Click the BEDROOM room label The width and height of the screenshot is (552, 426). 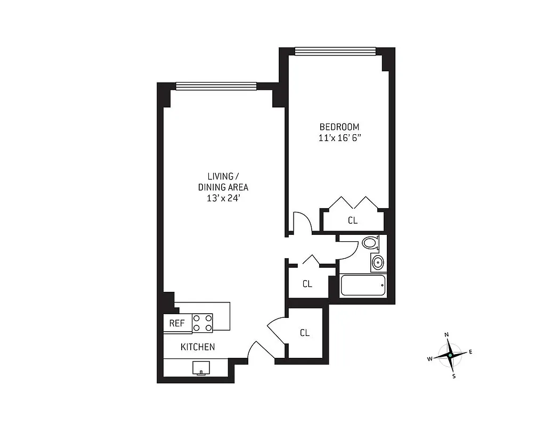pos(339,127)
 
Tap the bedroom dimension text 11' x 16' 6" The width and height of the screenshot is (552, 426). pos(339,137)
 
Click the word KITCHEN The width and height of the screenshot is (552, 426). pos(198,347)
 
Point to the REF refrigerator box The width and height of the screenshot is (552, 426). pos(177,323)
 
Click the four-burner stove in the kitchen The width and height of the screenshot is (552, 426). pos(202,323)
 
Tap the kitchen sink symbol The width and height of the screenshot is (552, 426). pos(201,367)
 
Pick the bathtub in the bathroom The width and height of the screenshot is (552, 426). pos(363,286)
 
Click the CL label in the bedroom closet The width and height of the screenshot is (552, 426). pos(352,220)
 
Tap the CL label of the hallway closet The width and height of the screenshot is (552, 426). pos(307,284)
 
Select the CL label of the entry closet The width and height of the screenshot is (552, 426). pos(304,333)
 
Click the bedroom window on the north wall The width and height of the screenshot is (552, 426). pos(335,51)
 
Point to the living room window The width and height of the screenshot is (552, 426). pos(216,86)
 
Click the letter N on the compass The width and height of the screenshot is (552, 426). pos(447,334)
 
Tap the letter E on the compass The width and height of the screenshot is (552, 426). pos(470,351)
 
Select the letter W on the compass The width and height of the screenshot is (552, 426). pos(429,359)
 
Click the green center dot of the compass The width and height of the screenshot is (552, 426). pos(450,355)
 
